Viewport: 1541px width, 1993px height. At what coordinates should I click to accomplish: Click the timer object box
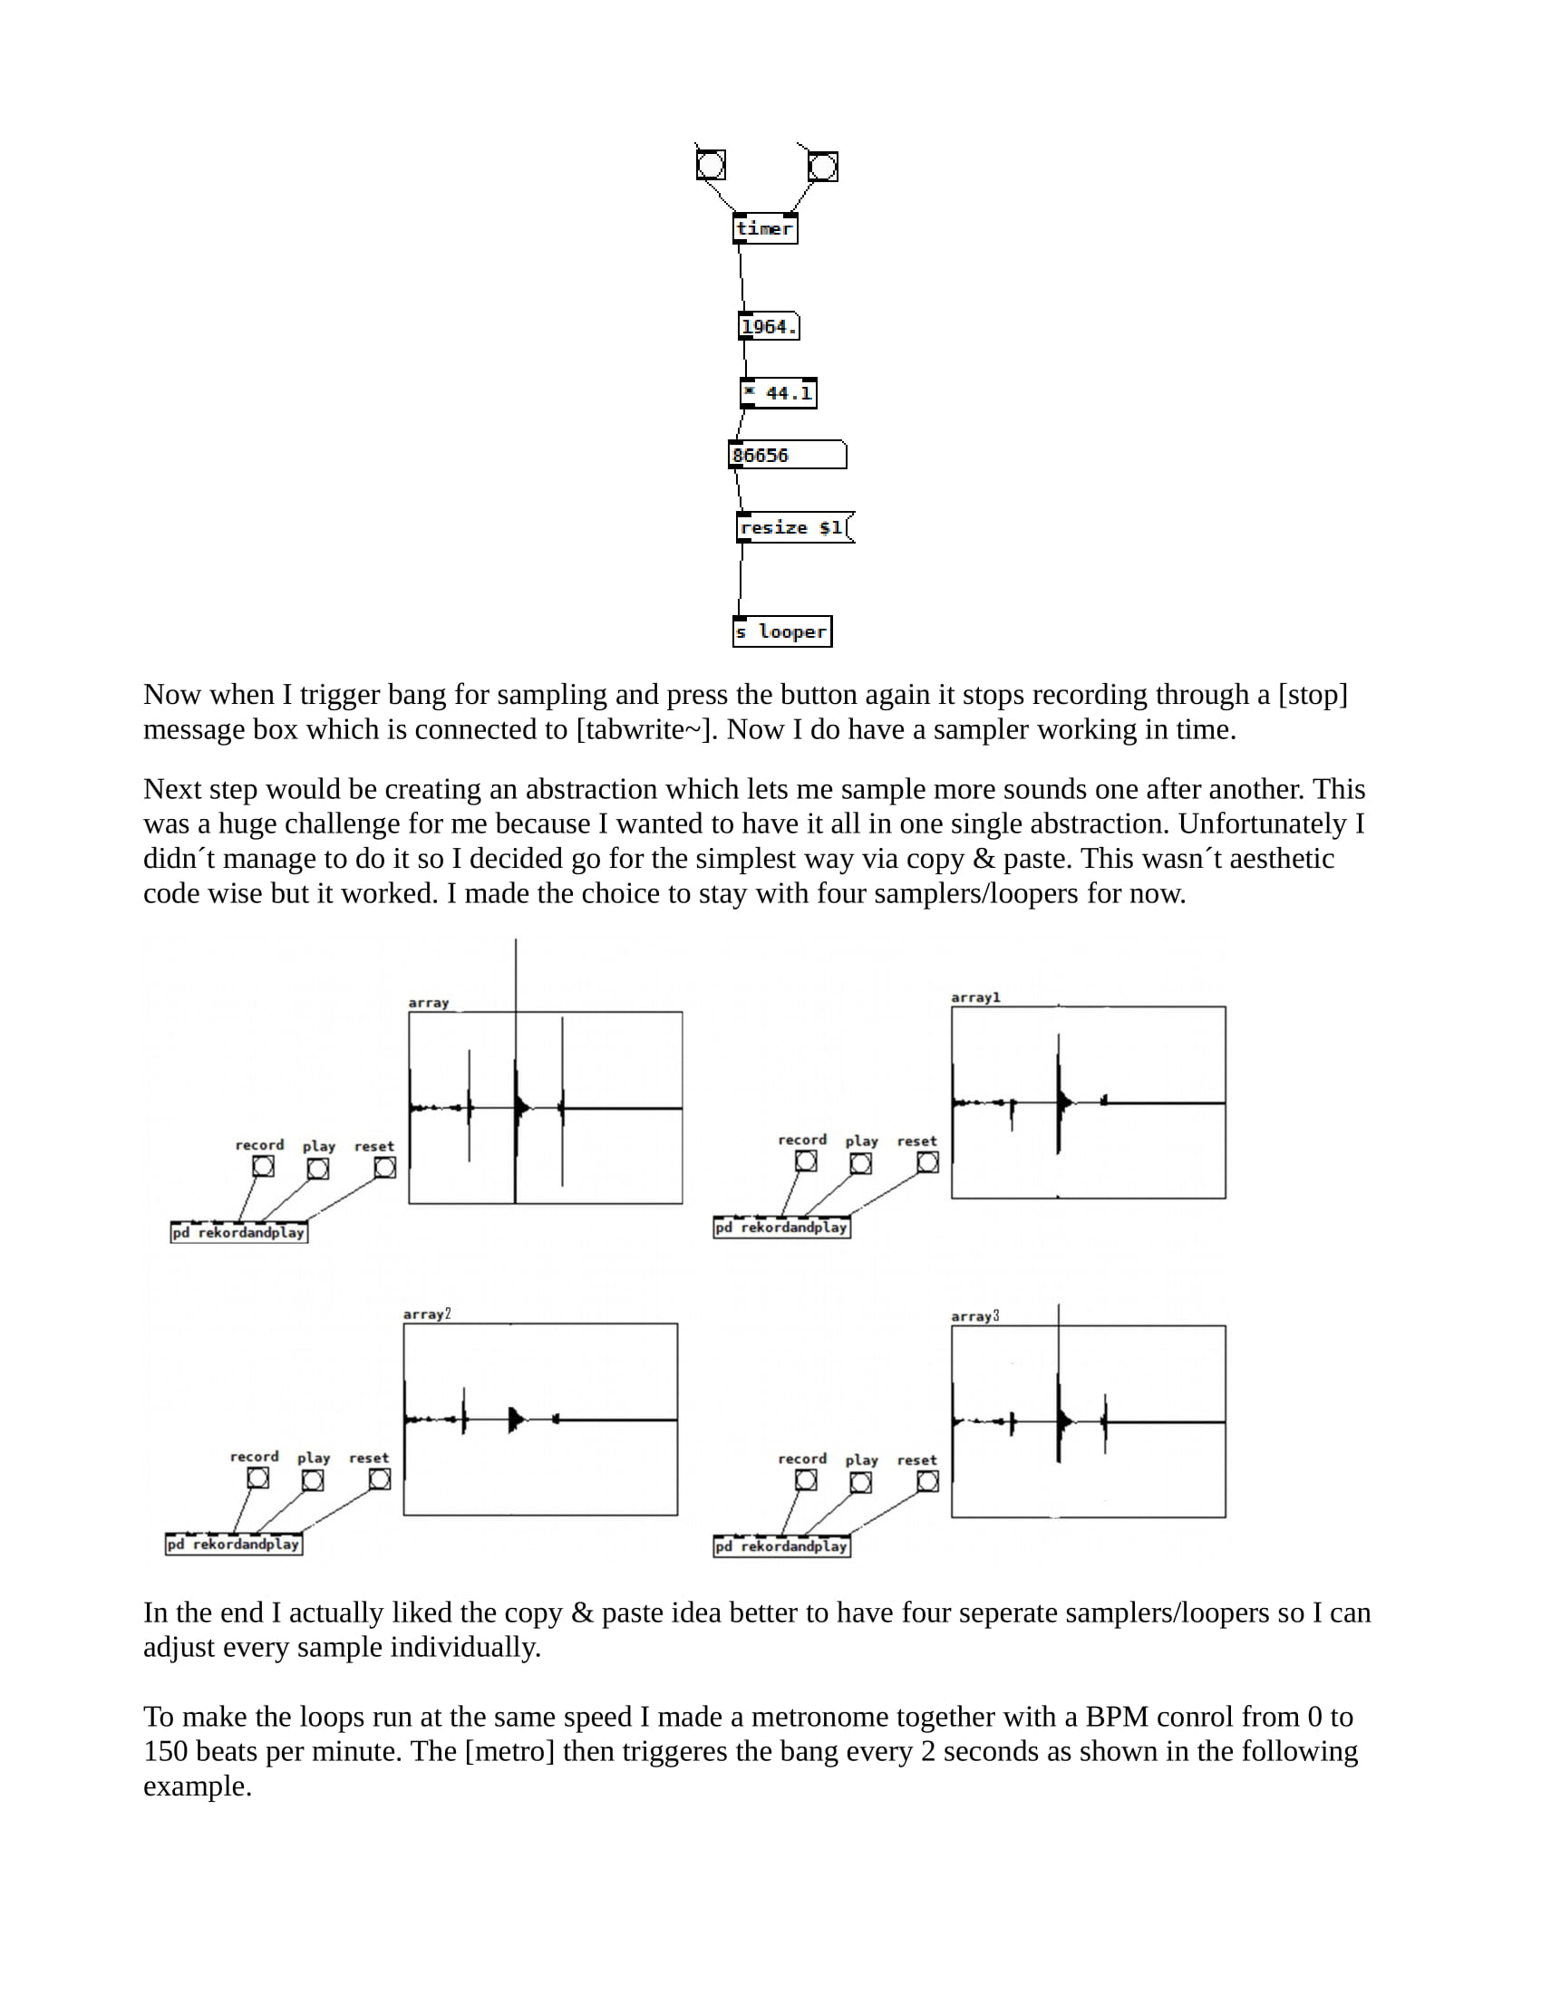tap(764, 228)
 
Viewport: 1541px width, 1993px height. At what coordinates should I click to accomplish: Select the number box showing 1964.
tap(769, 327)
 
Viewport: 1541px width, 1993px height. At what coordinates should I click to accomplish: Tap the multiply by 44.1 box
tap(778, 393)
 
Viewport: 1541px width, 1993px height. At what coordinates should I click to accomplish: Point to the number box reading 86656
tap(787, 456)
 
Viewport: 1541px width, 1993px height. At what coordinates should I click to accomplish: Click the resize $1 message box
tap(793, 527)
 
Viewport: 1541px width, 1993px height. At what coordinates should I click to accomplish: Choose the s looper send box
tap(781, 631)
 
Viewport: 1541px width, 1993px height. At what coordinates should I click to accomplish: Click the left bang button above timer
tap(711, 165)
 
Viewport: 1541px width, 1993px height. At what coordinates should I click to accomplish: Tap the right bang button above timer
tap(821, 167)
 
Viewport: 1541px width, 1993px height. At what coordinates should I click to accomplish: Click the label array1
tap(975, 997)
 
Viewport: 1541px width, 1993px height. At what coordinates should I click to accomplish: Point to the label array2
tap(426, 1314)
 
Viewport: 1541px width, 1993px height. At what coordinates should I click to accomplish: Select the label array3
tap(975, 1316)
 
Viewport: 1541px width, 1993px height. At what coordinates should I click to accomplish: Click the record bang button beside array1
tap(805, 1161)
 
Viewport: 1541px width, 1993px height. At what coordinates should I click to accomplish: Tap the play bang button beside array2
tap(312, 1480)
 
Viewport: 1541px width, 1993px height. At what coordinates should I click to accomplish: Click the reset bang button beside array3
tap(927, 1481)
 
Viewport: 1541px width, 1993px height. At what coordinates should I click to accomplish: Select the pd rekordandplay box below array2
tap(234, 1544)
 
